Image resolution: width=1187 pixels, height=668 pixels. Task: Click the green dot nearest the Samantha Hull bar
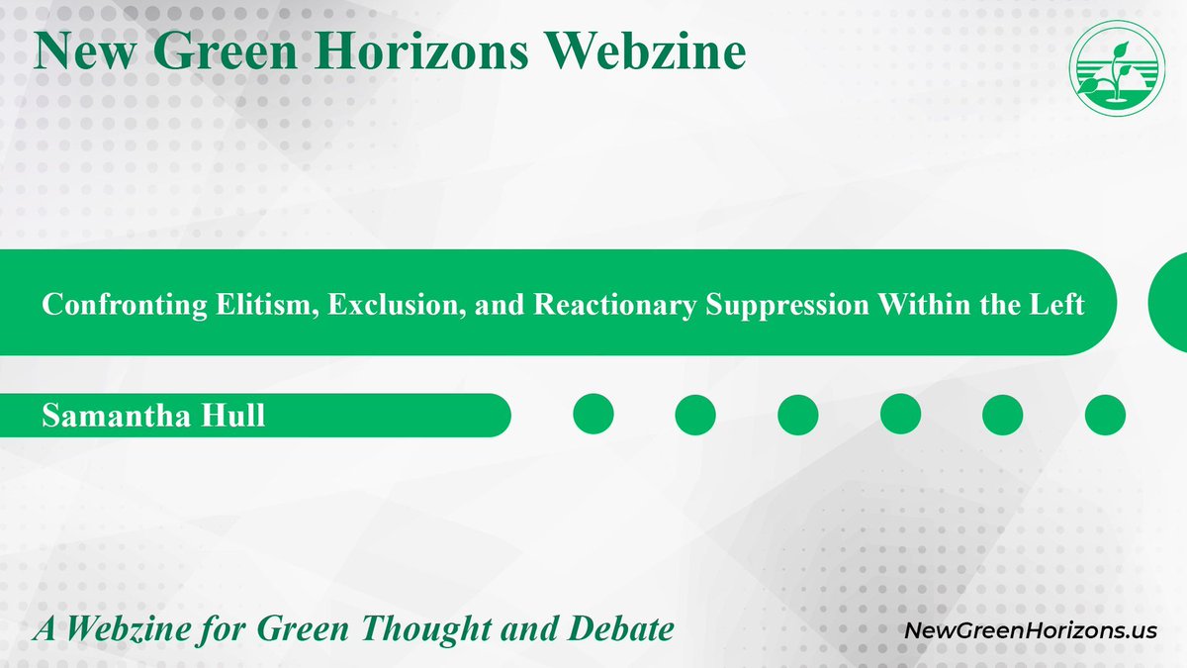click(x=593, y=415)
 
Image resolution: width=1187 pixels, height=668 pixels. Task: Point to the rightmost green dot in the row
click(x=1105, y=415)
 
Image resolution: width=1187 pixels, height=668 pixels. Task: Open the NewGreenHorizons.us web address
click(x=1031, y=630)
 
